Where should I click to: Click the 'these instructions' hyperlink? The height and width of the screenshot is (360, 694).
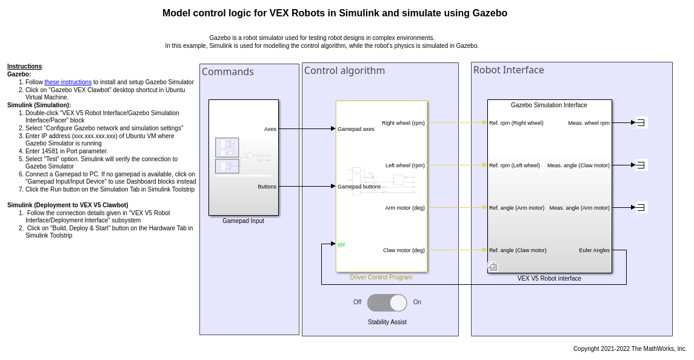coord(68,82)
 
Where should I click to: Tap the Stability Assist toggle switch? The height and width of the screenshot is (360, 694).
coord(387,302)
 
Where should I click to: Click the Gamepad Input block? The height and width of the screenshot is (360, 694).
coord(243,158)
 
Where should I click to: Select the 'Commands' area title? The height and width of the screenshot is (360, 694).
coord(228,72)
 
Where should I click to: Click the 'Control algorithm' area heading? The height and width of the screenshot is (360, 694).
coord(344,71)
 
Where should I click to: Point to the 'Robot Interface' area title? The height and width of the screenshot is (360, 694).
coord(509,70)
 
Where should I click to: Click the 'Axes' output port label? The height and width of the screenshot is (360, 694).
coord(270,129)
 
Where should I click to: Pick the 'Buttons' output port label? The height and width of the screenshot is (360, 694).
coord(267,187)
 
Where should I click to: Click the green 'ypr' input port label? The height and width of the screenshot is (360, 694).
coord(341,244)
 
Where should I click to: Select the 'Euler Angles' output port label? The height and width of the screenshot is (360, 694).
coord(594,250)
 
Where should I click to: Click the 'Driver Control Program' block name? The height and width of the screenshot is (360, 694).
coord(381,278)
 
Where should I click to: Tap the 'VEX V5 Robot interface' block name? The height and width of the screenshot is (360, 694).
coord(549,279)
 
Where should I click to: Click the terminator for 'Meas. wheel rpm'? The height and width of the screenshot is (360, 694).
coord(641,122)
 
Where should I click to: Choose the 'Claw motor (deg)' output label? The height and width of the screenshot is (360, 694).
coord(404,250)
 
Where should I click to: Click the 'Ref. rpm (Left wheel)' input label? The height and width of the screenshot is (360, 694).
coord(514,165)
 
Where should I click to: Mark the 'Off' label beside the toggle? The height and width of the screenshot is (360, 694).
coord(357,302)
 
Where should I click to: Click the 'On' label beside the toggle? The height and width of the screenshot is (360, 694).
coord(417,302)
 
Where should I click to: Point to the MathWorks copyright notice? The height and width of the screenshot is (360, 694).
coord(630,349)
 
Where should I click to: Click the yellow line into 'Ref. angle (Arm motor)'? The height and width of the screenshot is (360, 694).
coord(457,208)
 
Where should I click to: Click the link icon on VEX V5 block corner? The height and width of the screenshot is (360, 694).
coord(493,267)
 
